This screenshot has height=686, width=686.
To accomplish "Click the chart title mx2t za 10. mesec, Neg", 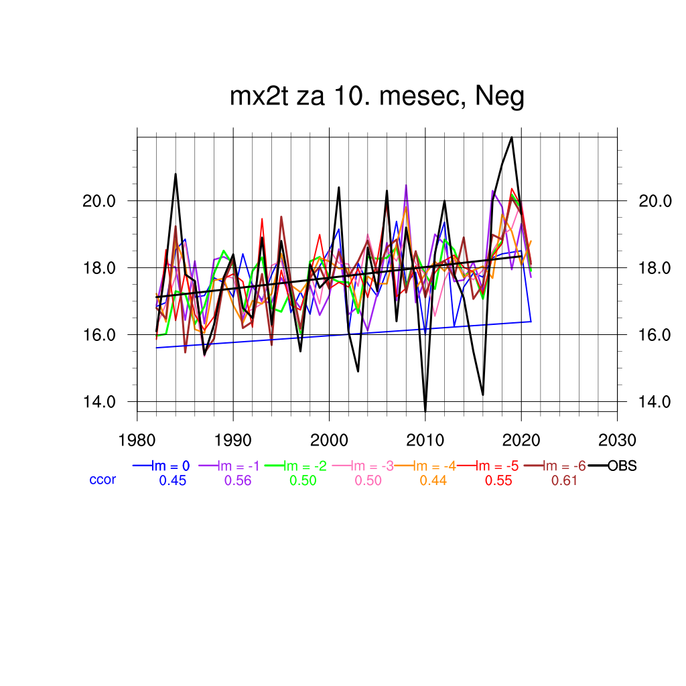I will coord(376,97).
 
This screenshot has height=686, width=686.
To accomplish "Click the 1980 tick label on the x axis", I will coord(137,440).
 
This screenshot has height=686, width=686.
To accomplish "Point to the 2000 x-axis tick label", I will coord(329,440).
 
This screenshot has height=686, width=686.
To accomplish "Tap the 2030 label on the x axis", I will coord(616,440).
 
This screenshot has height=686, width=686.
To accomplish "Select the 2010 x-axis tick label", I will coord(425,440).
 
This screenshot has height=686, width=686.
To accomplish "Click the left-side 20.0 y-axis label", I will coord(98,201).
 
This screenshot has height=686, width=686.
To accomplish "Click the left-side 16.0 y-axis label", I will coord(98,335).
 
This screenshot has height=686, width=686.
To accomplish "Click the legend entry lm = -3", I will coord(368,466).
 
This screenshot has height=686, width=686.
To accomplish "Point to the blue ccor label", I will coord(102,480).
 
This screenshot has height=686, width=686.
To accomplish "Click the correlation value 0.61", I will coord(564,480).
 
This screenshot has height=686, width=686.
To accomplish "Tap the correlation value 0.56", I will coord(237,480).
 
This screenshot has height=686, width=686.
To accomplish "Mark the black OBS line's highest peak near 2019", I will coord(512,137).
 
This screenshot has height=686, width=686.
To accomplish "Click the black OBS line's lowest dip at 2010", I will coord(425,410).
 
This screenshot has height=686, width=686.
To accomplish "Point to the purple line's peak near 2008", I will coord(406,186).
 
